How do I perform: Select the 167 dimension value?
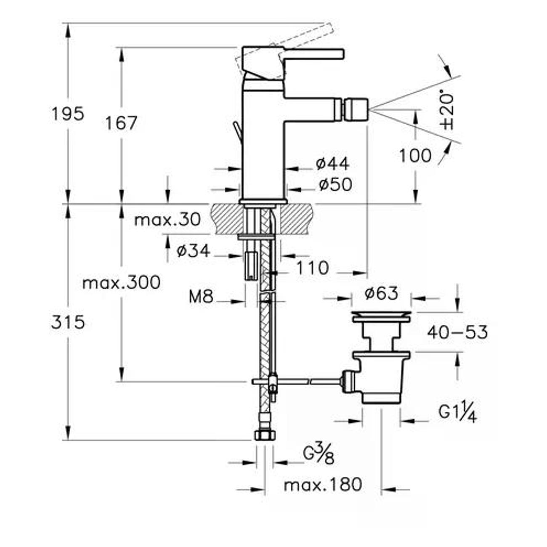(121, 123)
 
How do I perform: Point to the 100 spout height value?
(415, 156)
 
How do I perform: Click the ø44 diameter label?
(332, 164)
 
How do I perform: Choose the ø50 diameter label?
(335, 184)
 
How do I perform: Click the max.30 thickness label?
(167, 220)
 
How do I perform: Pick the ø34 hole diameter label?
(193, 251)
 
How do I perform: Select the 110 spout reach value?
(312, 268)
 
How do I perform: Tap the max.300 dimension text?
(121, 282)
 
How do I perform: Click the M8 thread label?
(201, 297)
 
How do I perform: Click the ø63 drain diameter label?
(381, 293)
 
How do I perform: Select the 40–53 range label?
(457, 332)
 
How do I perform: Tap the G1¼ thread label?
(457, 413)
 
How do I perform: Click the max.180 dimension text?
(323, 485)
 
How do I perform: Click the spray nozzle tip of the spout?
(356, 109)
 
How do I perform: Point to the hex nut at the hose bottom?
(265, 435)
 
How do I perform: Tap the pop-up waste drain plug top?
(381, 314)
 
